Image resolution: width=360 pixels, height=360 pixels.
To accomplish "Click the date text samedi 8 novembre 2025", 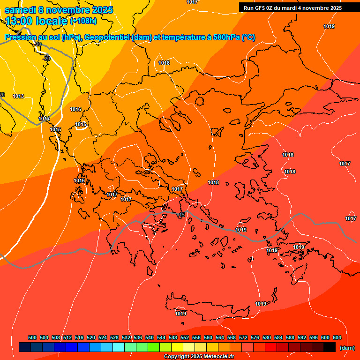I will click(59, 10).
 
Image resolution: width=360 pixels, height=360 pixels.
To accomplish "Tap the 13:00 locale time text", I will click(36, 21).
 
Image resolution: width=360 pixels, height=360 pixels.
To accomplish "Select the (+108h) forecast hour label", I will click(83, 21).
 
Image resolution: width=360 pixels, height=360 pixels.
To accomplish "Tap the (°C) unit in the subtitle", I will click(248, 37).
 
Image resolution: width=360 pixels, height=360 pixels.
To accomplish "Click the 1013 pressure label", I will click(18, 96).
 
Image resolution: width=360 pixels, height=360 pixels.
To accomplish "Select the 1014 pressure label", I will click(44, 119).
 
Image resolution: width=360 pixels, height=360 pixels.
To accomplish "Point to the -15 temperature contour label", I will click(181, 215).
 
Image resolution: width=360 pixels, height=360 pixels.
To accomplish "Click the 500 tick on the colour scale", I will click(32, 337).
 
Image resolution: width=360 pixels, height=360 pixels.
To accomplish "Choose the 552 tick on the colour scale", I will click(185, 337).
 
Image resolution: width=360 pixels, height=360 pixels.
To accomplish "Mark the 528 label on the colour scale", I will click(114, 337).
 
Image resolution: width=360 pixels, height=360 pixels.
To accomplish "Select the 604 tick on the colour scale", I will click(337, 337).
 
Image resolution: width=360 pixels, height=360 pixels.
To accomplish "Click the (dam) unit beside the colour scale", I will click(347, 348).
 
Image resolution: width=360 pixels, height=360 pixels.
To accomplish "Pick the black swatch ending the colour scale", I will click(330, 347).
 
